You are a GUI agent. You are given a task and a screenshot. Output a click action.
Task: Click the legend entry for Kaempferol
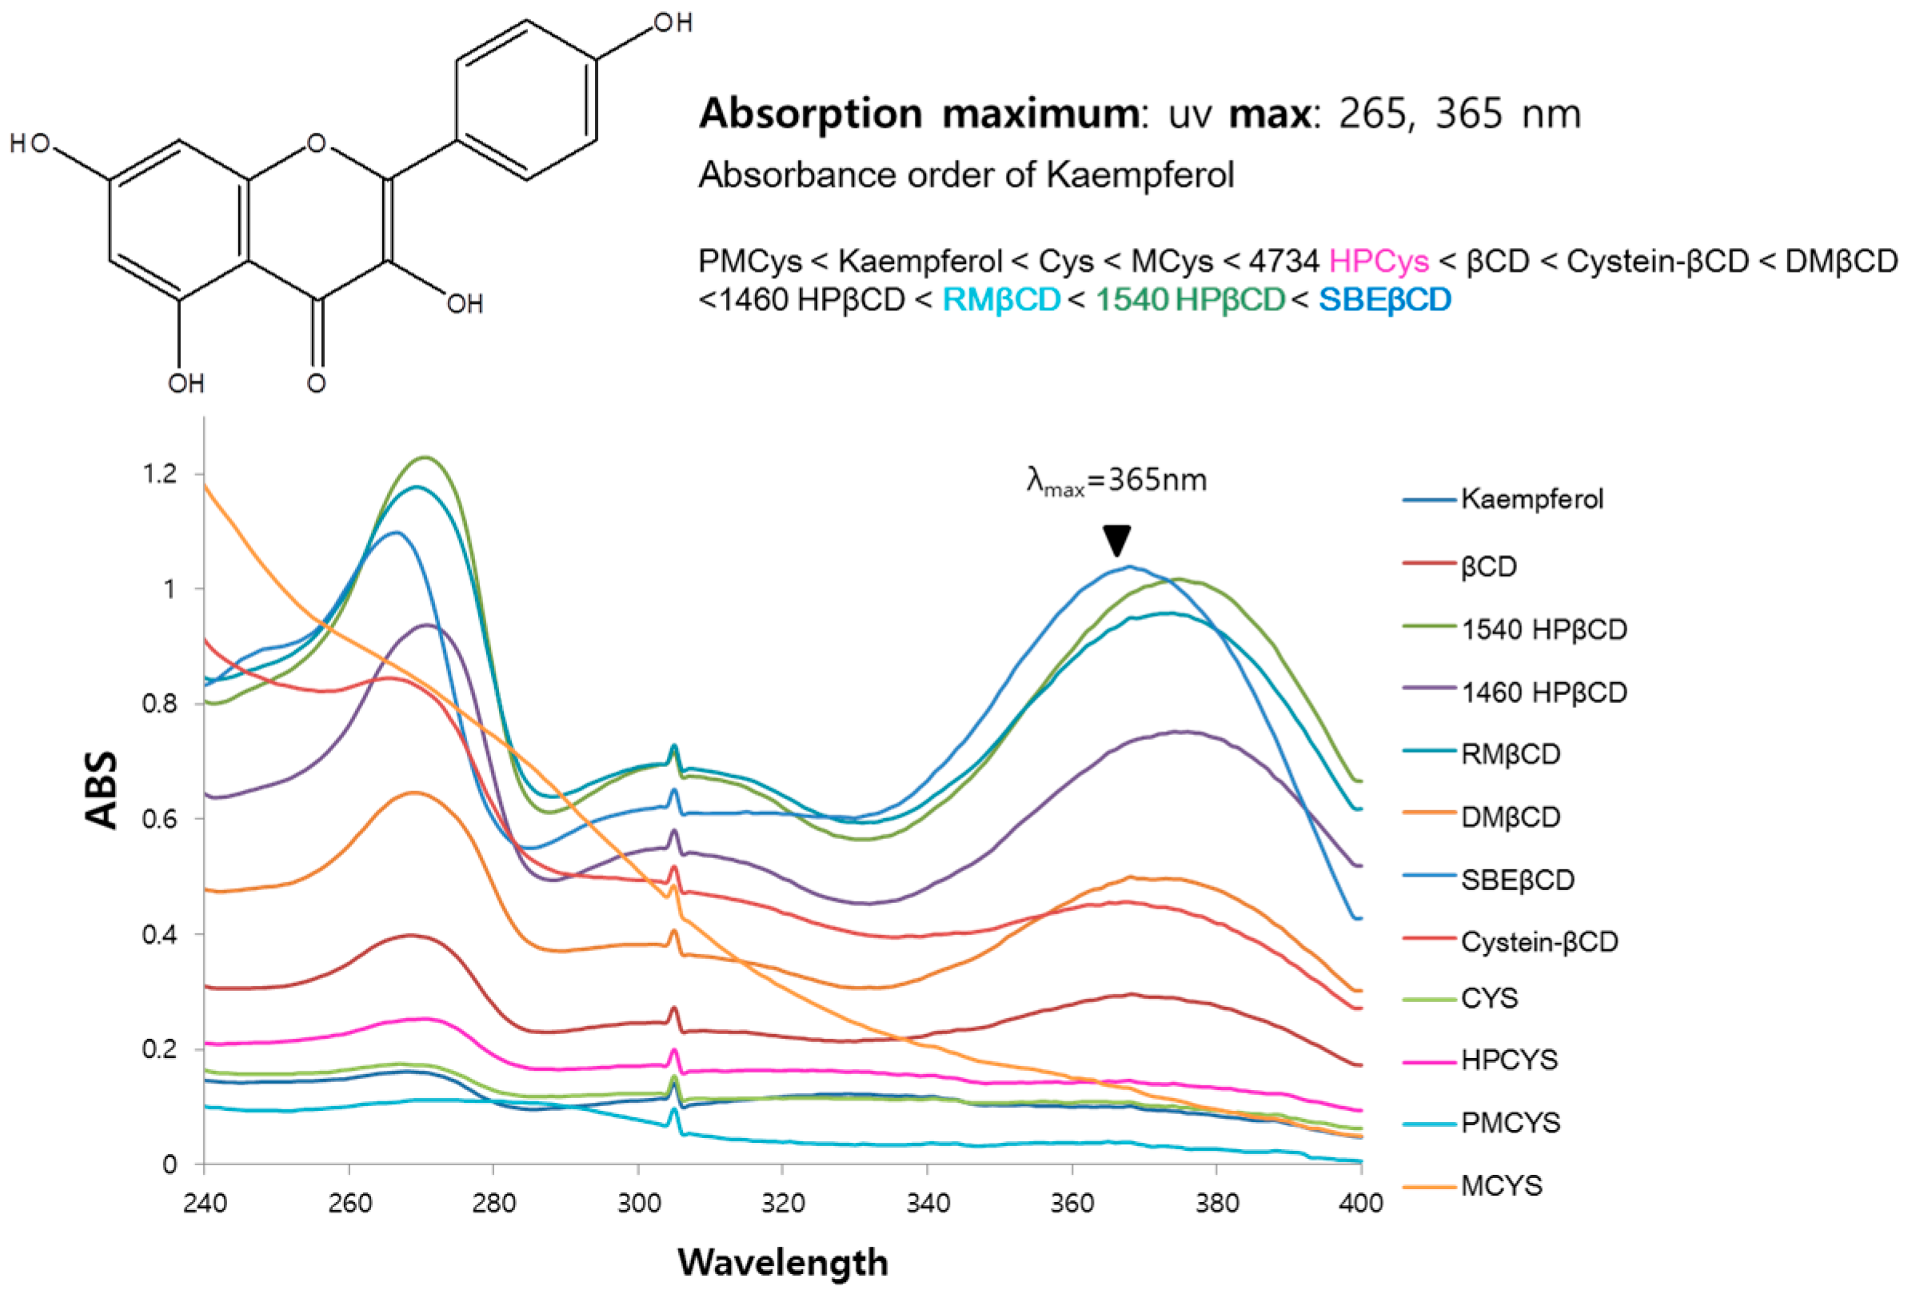pyautogui.click(x=1531, y=499)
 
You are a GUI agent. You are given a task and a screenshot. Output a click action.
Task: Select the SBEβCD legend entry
pyautogui.click(x=1516, y=879)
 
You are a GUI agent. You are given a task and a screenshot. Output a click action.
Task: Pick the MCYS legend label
pyautogui.click(x=1501, y=1185)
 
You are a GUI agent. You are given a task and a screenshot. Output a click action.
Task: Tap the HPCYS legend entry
pyautogui.click(x=1508, y=1060)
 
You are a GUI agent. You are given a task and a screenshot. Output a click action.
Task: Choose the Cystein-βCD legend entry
pyautogui.click(x=1539, y=941)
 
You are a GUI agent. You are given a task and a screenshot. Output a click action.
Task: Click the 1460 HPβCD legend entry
pyautogui.click(x=1543, y=693)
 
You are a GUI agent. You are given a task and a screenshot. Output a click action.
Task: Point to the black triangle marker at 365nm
pyautogui.click(x=1116, y=540)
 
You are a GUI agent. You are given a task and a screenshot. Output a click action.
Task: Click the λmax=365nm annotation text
pyautogui.click(x=1116, y=481)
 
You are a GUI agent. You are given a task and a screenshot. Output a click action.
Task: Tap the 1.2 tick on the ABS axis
pyautogui.click(x=160, y=473)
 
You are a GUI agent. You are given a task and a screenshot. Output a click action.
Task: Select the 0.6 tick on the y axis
pyautogui.click(x=160, y=820)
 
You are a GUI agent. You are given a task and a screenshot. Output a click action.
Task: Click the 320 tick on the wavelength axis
pyautogui.click(x=782, y=1204)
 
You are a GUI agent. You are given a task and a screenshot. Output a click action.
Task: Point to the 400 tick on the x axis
pyautogui.click(x=1360, y=1204)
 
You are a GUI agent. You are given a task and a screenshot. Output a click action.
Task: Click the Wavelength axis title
pyautogui.click(x=782, y=1263)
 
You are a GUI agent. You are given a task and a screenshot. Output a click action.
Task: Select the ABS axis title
pyautogui.click(x=102, y=790)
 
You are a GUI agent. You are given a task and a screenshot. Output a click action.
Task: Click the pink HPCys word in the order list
pyautogui.click(x=1379, y=262)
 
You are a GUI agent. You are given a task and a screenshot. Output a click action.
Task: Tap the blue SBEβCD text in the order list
pyautogui.click(x=1384, y=300)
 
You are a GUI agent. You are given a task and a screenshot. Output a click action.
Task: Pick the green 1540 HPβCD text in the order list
pyautogui.click(x=1190, y=300)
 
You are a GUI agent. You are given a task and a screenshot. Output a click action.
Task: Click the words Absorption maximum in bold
pyautogui.click(x=917, y=114)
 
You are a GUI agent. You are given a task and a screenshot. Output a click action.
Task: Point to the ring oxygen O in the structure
pyautogui.click(x=316, y=144)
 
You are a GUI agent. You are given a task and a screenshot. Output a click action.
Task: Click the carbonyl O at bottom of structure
pyautogui.click(x=316, y=382)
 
